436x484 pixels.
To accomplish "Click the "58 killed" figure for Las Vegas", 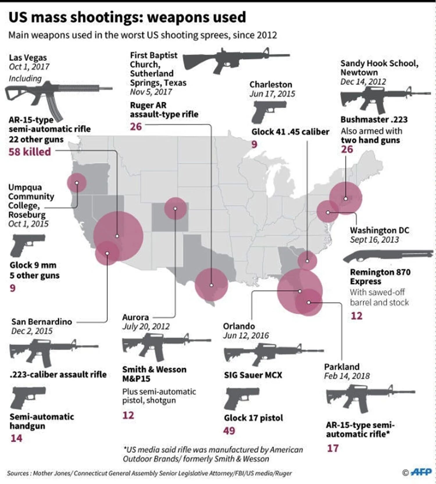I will tap(30, 152).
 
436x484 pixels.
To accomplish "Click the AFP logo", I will tap(421, 472).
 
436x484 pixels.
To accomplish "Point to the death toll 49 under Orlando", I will tap(229, 431).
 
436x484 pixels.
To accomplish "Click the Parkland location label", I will tap(342, 367).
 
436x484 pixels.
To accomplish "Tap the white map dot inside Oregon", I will tap(77, 183).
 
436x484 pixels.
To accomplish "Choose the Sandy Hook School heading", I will tap(379, 68).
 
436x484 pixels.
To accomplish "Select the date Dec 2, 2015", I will tap(32, 331).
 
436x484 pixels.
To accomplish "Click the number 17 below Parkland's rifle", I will tap(333, 448).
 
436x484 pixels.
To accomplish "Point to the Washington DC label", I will tap(379, 230).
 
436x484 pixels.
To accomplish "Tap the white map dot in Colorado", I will tap(175, 209).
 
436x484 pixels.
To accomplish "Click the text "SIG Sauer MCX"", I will tap(253, 375).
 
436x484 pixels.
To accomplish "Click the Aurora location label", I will tap(135, 317).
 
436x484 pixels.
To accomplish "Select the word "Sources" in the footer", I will tap(18, 473).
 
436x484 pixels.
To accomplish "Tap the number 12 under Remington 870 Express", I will tap(356, 316).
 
